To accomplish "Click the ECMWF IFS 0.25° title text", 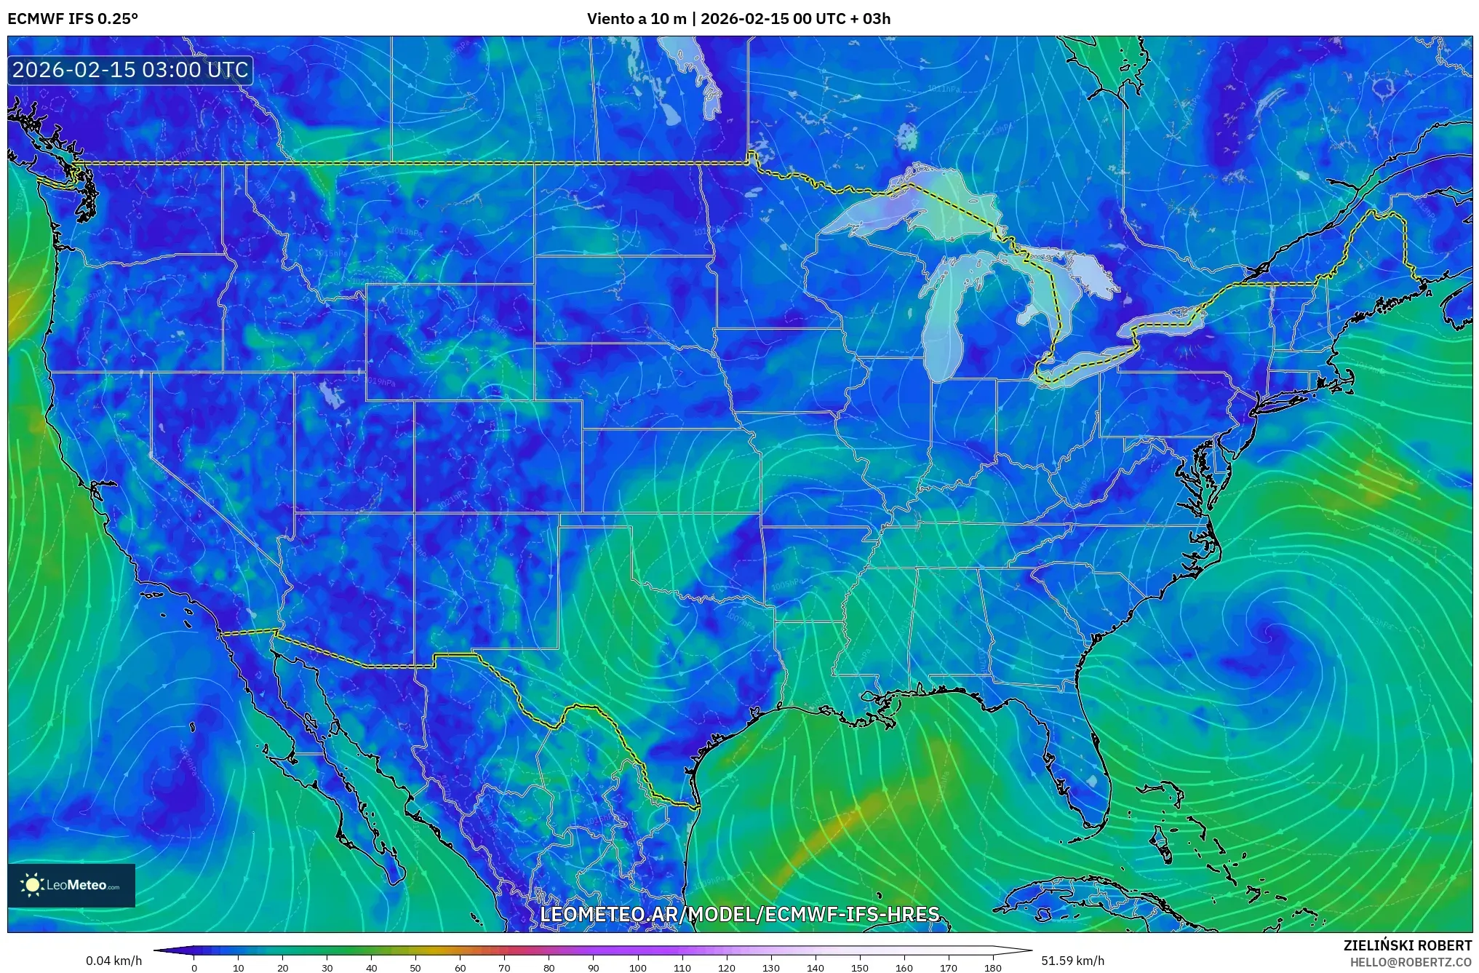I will (x=73, y=18).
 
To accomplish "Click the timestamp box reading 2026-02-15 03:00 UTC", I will (x=131, y=71).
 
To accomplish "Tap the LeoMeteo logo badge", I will (x=71, y=885).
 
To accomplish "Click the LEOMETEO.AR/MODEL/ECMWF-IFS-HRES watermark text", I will (x=740, y=914).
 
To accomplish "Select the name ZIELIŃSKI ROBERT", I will (x=1407, y=945).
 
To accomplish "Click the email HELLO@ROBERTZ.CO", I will (x=1411, y=961).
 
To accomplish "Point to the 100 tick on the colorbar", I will (x=637, y=968).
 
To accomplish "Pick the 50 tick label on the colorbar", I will (x=415, y=968).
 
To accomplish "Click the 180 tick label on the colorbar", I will (x=992, y=968).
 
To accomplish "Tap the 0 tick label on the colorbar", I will (x=194, y=968).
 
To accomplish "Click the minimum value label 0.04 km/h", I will (x=114, y=961).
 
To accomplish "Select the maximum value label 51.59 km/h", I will (x=1073, y=961).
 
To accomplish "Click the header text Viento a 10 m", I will (x=637, y=18).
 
